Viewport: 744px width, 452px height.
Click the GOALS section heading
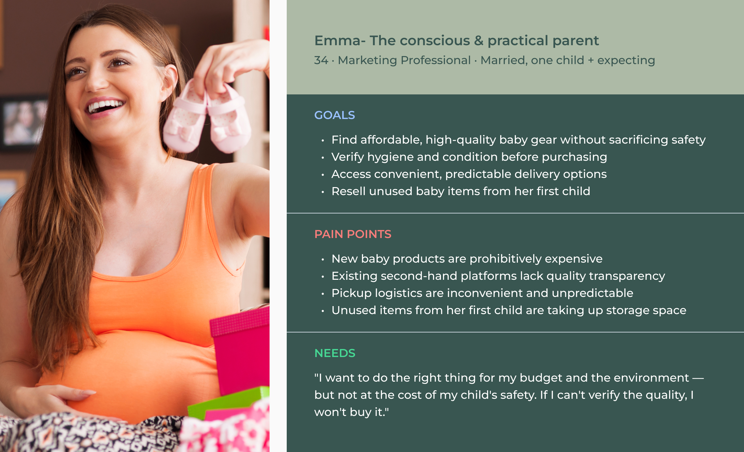335,115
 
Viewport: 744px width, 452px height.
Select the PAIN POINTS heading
353,234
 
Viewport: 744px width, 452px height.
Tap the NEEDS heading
335,353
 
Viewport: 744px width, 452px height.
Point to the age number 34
321,60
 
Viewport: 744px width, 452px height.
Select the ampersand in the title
478,40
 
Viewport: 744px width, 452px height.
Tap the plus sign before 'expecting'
591,60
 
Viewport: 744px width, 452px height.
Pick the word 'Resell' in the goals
349,191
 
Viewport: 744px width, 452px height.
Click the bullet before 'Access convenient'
323,175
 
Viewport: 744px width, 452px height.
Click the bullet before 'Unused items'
323,311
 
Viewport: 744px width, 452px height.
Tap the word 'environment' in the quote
651,378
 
